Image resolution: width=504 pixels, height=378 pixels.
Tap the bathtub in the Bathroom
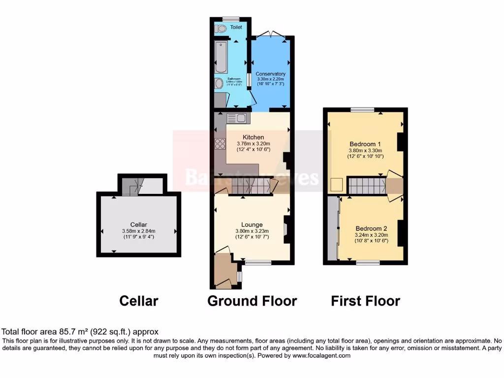(220, 57)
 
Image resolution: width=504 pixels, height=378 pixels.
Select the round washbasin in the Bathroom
(219, 84)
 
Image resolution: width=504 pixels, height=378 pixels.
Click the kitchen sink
(238, 118)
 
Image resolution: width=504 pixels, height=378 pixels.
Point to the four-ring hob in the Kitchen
(220, 144)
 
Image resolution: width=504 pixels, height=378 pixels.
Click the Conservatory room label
(270, 74)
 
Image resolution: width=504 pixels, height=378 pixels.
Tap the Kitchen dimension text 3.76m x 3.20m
(253, 144)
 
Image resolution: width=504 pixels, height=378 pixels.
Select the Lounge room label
(252, 225)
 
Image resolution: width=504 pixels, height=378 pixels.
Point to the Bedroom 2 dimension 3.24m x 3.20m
(372, 235)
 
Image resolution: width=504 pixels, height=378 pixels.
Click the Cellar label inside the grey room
(139, 225)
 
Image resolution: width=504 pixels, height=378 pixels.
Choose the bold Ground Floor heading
(252, 301)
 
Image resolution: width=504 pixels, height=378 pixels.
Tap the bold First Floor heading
(365, 301)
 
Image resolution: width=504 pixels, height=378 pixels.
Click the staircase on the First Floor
(367, 186)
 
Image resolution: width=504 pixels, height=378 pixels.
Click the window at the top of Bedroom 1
(362, 109)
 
